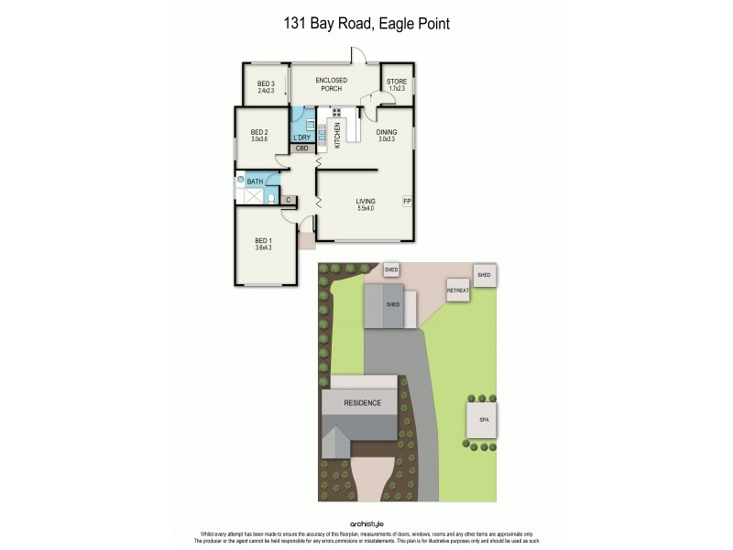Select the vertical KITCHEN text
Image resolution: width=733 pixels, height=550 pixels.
pyautogui.click(x=337, y=135)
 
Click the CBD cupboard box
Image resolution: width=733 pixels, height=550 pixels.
pyautogui.click(x=301, y=148)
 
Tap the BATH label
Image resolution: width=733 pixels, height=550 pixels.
pyautogui.click(x=255, y=181)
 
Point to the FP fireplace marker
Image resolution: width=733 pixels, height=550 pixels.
pyautogui.click(x=407, y=201)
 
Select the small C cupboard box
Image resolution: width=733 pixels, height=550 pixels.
pyautogui.click(x=288, y=199)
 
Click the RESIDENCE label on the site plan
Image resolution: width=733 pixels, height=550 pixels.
pyautogui.click(x=362, y=402)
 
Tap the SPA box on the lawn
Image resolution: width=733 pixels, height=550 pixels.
pyautogui.click(x=483, y=421)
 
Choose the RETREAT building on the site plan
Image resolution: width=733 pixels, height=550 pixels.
pyautogui.click(x=457, y=291)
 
